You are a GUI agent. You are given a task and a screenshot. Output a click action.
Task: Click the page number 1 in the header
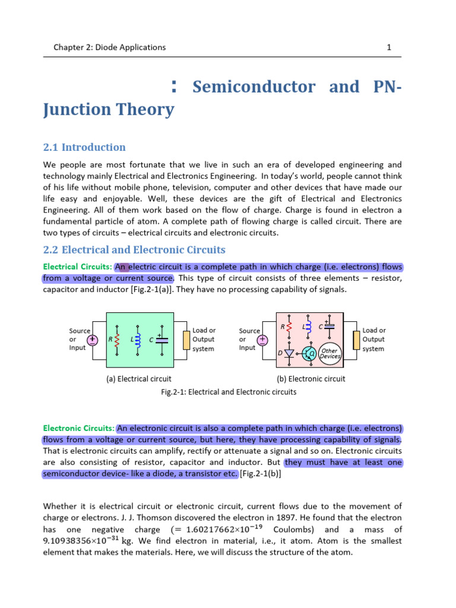(388, 47)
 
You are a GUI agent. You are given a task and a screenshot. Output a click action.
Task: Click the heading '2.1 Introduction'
(84, 147)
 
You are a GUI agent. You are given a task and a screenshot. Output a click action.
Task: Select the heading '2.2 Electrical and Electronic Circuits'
(134, 250)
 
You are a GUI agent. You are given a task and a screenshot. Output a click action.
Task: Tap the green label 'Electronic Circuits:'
(79, 428)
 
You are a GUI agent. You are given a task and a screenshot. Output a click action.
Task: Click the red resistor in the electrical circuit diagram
(118, 338)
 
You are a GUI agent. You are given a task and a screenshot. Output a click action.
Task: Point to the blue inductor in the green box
(138, 338)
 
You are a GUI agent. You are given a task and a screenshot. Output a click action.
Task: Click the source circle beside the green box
(93, 340)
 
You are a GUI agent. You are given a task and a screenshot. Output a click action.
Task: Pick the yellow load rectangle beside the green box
(186, 340)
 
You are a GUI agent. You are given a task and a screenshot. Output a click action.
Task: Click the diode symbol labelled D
(289, 353)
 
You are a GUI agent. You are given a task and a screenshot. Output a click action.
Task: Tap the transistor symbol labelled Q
(309, 354)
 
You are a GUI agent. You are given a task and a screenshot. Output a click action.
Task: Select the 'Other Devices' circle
(330, 353)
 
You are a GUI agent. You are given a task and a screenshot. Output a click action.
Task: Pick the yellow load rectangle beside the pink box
(356, 340)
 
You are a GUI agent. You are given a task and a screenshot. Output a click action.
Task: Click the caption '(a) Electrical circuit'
(138, 378)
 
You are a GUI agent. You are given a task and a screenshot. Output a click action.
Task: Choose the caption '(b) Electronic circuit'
(311, 378)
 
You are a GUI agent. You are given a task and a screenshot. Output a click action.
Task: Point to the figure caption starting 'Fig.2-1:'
(229, 392)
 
